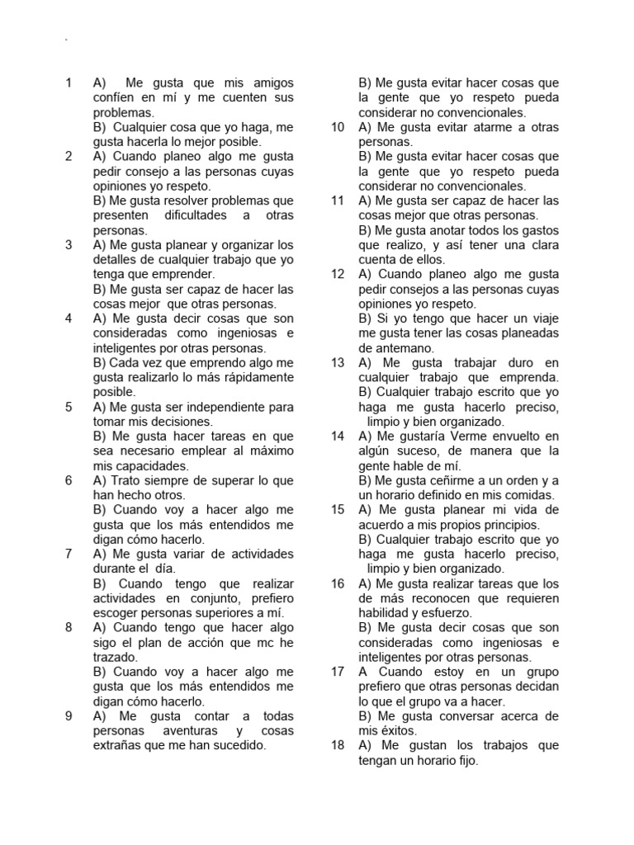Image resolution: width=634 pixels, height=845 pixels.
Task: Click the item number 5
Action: point(69,407)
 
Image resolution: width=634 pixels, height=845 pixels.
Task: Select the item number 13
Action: point(337,362)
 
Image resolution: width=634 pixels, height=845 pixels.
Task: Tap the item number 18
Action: point(337,745)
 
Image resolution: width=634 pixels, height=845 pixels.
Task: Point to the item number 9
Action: point(69,715)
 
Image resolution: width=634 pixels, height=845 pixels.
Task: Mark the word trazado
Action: point(114,658)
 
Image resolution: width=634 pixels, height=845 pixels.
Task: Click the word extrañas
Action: point(118,745)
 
